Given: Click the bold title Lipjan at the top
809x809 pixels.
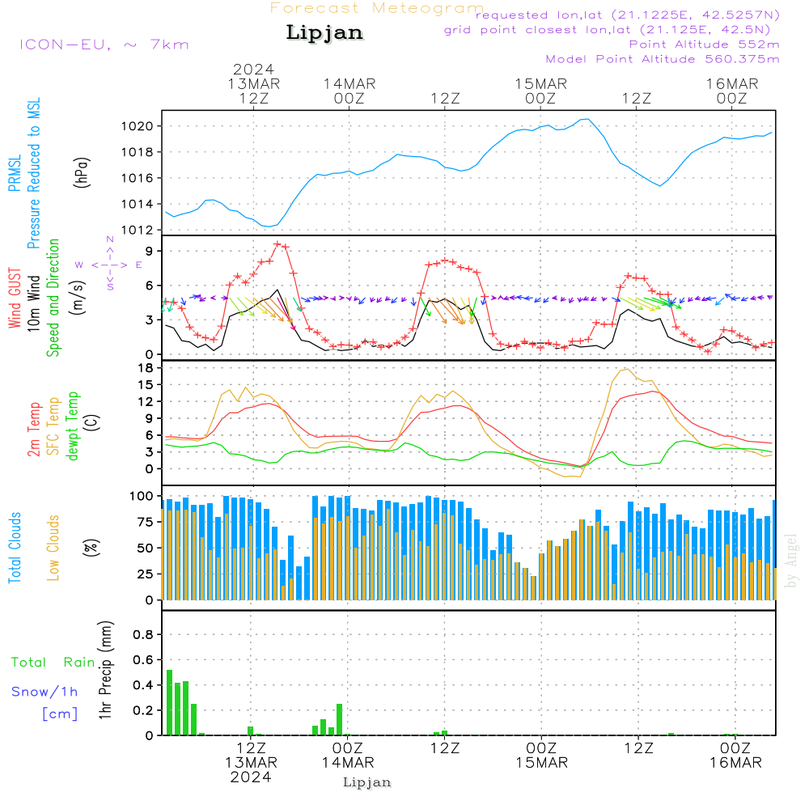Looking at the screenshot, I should pos(324,33).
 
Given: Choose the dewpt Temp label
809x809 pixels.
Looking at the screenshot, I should pos(73,426).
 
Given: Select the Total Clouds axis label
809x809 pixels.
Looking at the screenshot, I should pos(15,548).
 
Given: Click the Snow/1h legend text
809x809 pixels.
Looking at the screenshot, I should pos(45,692).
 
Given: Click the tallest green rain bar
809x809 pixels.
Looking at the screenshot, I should pos(169,702).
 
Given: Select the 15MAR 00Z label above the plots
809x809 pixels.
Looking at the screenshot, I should pos(540,91).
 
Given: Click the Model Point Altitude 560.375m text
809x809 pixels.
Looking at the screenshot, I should pos(663,59).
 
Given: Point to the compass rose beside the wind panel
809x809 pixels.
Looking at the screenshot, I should pos(110,265).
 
